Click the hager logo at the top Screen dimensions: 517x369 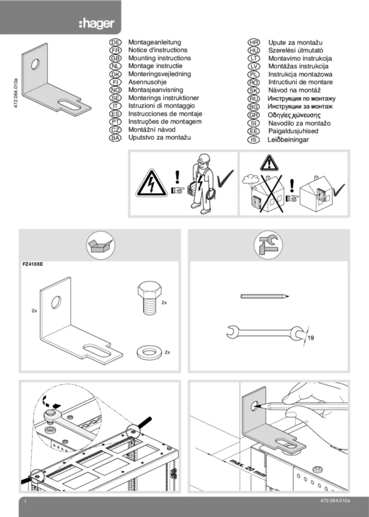tap(97, 24)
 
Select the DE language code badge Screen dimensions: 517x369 tap(115, 43)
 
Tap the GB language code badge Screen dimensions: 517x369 tap(115, 59)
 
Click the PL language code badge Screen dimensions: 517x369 tap(254, 74)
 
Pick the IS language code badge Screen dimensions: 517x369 tap(254, 139)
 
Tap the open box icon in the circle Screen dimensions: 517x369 tap(100, 245)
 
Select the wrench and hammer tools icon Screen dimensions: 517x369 tap(268, 245)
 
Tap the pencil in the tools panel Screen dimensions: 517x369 tap(265, 296)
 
